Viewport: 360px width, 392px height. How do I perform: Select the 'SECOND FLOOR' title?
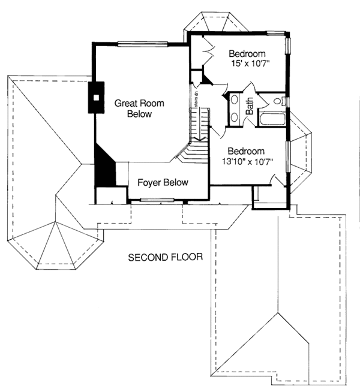coord(165,258)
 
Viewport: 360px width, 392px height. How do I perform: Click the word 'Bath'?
coord(250,107)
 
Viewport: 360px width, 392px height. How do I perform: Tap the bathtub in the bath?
coord(273,118)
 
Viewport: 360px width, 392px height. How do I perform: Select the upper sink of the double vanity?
coord(234,101)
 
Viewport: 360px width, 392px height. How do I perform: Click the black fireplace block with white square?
coord(96,97)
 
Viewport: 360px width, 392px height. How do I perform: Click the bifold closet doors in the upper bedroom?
coord(207,50)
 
